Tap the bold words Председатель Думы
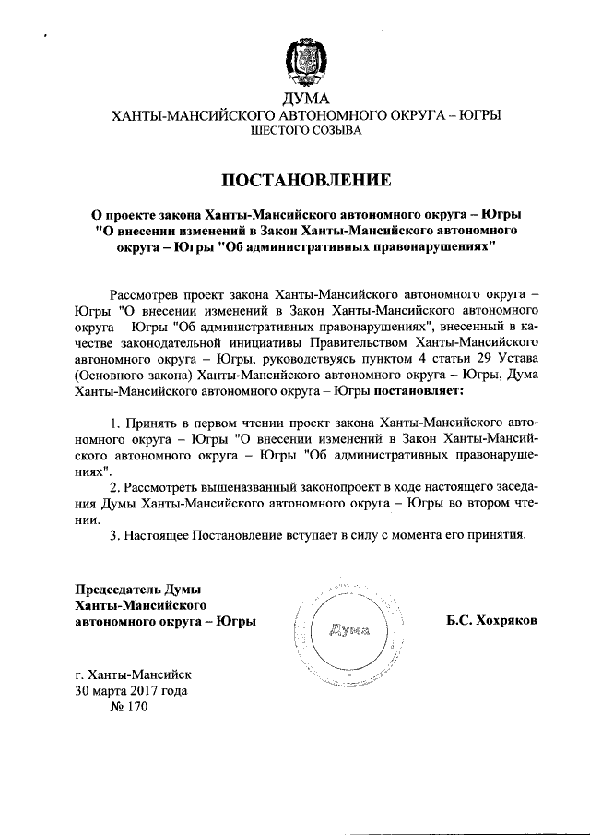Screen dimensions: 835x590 coord(138,589)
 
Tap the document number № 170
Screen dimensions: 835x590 coord(128,707)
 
